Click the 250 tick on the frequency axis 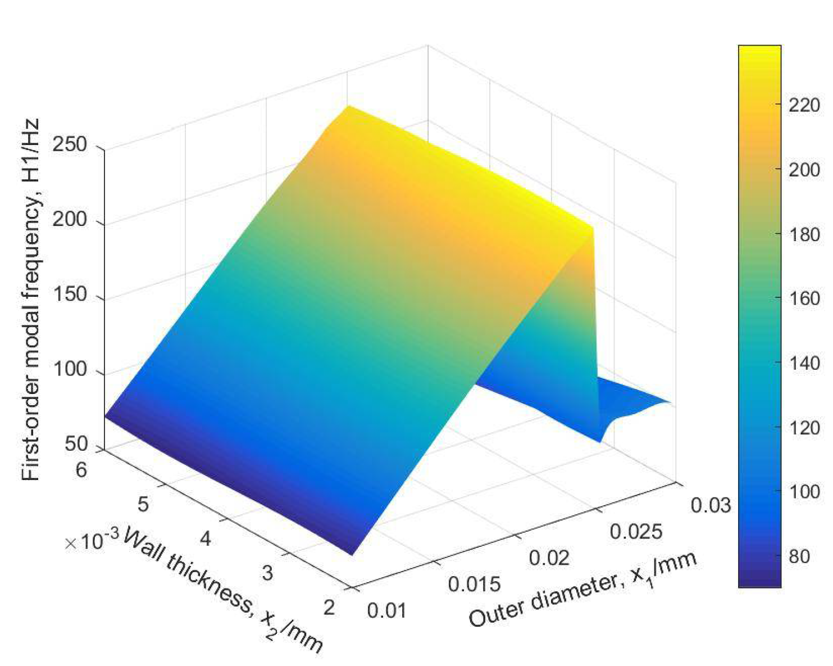coord(70,145)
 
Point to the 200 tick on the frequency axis coord(70,220)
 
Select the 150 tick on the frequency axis coord(70,295)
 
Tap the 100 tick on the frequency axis coord(70,370)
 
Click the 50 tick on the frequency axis coord(76,444)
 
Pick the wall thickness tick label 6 coord(81,469)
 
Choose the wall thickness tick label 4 coord(205,539)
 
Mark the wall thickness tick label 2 coord(329,608)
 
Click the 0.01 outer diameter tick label coord(386,610)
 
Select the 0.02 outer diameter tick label coord(549,558)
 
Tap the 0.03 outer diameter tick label coord(711,505)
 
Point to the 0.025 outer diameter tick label coord(636,531)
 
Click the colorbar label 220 coord(804,105)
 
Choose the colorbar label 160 coord(804,298)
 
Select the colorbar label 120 coord(804,428)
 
